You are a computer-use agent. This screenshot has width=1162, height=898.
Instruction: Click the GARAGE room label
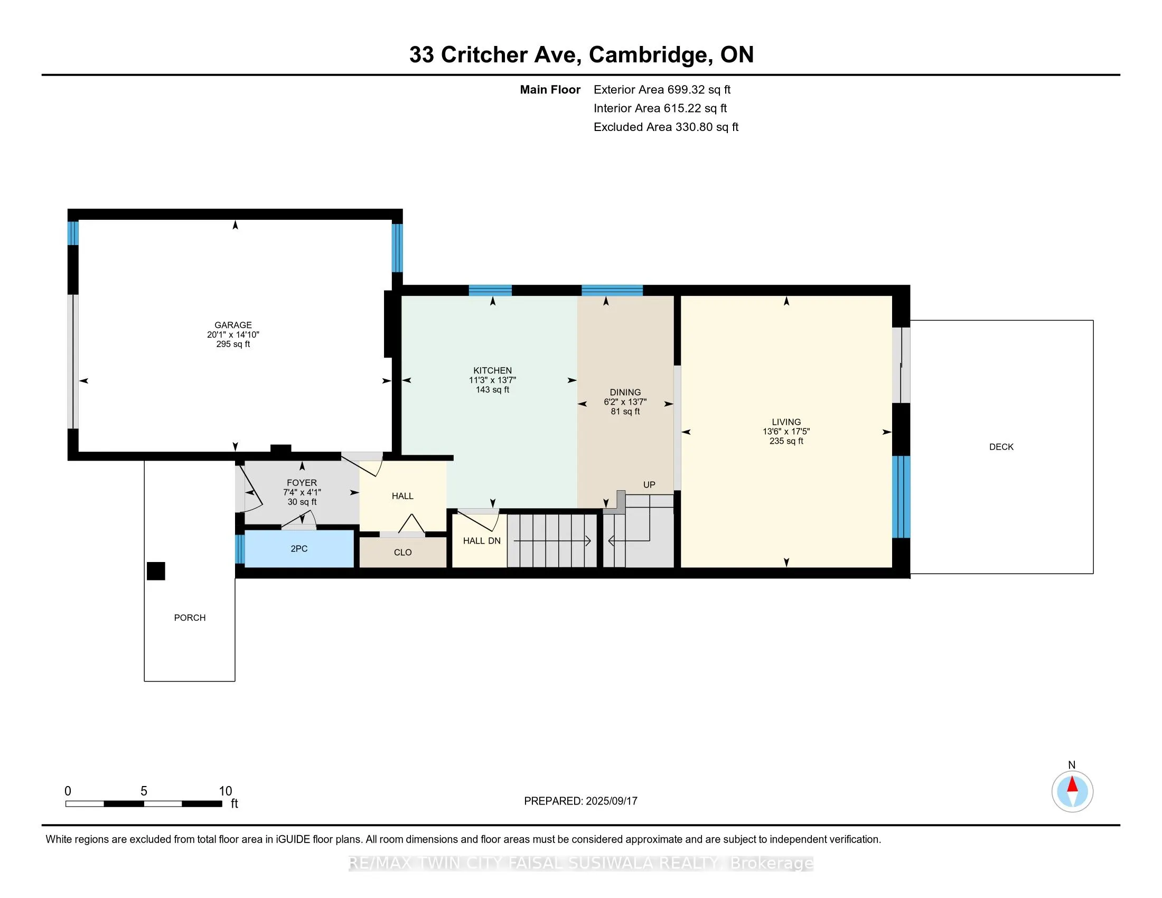click(x=233, y=325)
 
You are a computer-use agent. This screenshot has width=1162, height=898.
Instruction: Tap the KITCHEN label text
click(x=493, y=371)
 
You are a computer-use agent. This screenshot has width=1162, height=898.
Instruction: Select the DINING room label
click(x=625, y=392)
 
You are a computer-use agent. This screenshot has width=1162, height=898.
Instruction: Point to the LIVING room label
click(x=786, y=423)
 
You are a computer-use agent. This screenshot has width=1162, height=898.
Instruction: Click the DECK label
click(x=1001, y=447)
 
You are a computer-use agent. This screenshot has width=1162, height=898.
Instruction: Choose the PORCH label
click(x=190, y=618)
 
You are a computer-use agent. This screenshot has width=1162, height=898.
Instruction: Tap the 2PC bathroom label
click(x=299, y=549)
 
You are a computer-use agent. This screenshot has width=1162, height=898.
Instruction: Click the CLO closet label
click(x=403, y=553)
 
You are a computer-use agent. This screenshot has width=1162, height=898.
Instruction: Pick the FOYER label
click(x=302, y=483)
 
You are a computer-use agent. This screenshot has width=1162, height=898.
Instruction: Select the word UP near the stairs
click(x=649, y=485)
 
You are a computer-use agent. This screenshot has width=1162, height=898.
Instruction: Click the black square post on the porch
click(x=156, y=571)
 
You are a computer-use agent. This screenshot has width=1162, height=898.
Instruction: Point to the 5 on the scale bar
click(x=144, y=791)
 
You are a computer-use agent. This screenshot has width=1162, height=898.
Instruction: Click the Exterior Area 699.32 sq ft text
click(x=662, y=90)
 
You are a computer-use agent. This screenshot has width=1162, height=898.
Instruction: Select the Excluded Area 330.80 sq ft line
click(x=666, y=127)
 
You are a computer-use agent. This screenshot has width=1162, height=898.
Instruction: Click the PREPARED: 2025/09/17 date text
click(x=580, y=801)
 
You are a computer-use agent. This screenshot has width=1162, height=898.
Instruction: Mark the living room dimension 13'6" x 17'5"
click(x=786, y=432)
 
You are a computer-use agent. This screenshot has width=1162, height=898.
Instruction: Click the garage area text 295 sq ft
click(x=233, y=344)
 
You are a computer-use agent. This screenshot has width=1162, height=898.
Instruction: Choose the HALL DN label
click(x=482, y=541)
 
